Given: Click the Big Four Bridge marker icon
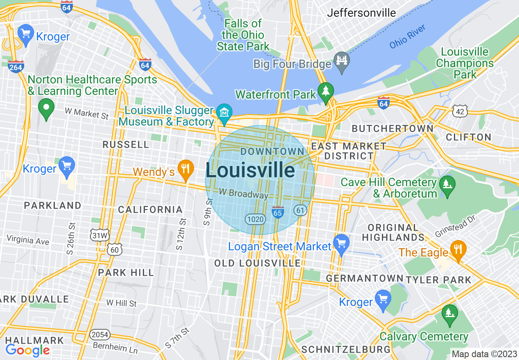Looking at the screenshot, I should coord(341,60).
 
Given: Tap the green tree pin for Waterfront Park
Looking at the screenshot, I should coord(326,92).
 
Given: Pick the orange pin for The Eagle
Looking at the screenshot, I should coord(458,249).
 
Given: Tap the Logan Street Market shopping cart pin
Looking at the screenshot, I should coord(341,243).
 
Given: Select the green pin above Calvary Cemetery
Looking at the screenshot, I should coord(450,314).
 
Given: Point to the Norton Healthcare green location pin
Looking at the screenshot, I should coord(46,108).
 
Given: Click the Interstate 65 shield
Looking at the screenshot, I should coord(278,212).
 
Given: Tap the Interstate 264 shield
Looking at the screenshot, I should coord(16,66).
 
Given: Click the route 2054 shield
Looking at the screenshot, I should coord(100,335).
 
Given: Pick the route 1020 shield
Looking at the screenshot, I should coord(255,219).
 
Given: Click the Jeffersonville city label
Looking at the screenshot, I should coord(361,13).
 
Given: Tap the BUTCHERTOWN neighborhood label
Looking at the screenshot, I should coord(392,128).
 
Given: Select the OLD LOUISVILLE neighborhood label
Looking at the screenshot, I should coord(257,263).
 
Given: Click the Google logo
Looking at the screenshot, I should coord(27,350).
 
